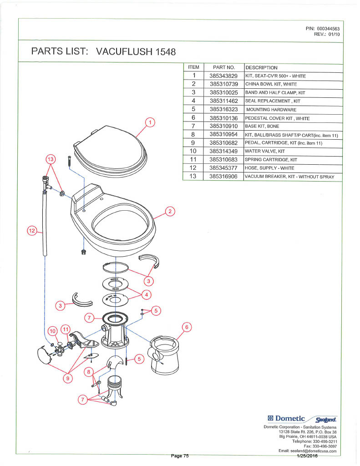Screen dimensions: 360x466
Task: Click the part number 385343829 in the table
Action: [223, 76]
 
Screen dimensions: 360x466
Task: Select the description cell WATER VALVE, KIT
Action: [265, 151]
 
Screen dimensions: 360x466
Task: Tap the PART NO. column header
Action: [224, 67]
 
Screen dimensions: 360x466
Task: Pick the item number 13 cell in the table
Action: [193, 176]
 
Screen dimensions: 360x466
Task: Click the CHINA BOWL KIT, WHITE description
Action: [271, 84]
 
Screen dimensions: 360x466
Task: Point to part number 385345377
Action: [223, 168]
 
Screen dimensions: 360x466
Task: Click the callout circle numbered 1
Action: [150, 122]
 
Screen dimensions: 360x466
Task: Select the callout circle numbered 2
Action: [170, 212]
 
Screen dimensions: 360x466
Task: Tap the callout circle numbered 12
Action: [32, 231]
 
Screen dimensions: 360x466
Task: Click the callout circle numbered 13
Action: [51, 159]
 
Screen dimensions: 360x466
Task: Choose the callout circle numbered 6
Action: [187, 327]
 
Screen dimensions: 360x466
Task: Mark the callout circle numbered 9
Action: [68, 378]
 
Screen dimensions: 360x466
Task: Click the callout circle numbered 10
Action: [53, 331]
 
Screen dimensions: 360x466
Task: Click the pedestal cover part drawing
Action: [165, 355]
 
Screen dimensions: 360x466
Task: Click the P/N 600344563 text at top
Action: [323, 29]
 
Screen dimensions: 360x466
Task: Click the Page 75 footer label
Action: [180, 456]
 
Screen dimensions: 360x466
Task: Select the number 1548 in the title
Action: [166, 52]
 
